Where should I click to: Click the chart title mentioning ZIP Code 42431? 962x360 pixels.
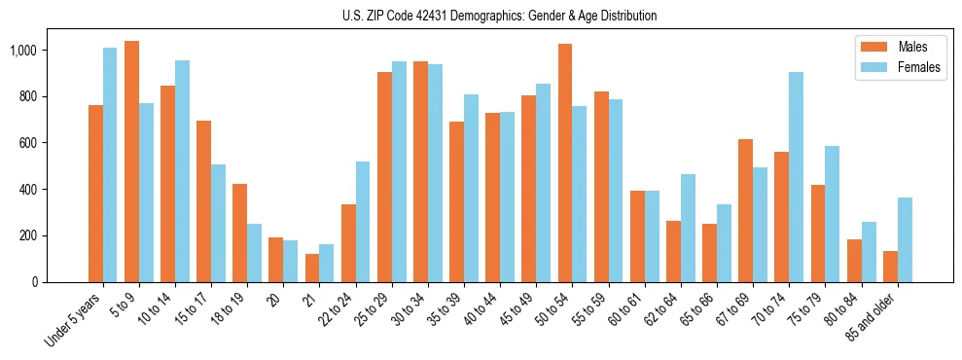(481, 16)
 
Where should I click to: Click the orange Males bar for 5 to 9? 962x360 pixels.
(131, 162)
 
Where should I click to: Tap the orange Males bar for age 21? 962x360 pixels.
(312, 268)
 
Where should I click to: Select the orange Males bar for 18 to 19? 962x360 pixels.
(240, 233)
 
